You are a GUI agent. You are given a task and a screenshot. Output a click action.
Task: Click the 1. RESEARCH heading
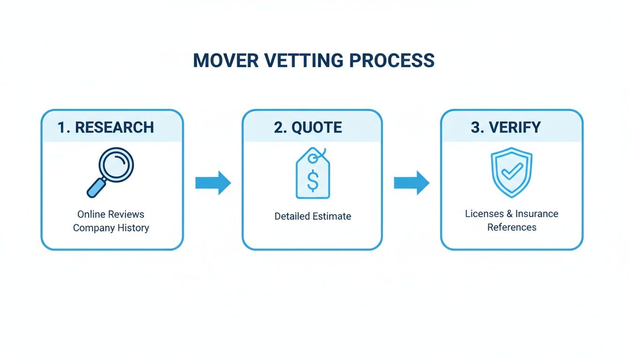point(106,127)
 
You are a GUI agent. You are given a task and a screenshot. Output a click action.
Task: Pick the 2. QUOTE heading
point(308,127)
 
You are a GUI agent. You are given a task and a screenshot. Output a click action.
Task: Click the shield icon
point(511,172)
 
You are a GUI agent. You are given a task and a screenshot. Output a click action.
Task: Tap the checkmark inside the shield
point(512,171)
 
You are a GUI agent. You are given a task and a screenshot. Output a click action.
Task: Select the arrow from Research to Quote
point(213,183)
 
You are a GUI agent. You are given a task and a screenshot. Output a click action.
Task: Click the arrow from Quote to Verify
point(412,183)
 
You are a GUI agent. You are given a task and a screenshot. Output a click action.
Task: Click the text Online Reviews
point(111,214)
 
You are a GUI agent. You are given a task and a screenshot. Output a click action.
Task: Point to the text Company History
point(111,228)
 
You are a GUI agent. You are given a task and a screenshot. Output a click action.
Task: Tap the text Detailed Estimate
point(313,216)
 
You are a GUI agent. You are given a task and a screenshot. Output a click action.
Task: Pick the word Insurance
point(537,214)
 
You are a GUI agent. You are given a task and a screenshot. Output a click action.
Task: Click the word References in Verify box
point(512,227)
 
